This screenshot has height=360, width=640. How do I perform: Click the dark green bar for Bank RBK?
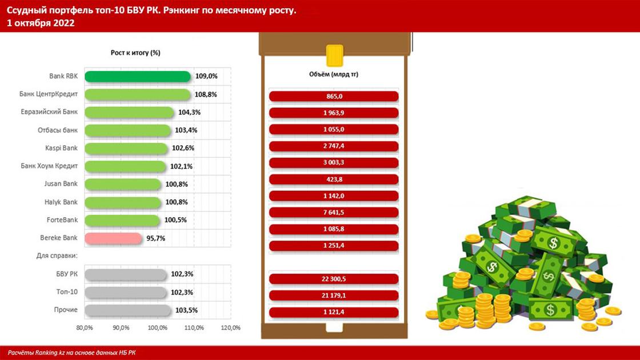(137, 76)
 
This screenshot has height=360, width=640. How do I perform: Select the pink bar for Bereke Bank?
(112, 238)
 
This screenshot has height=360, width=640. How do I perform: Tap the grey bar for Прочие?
(127, 310)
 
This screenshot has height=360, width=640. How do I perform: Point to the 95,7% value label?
(156, 238)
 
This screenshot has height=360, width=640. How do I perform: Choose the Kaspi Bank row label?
(61, 148)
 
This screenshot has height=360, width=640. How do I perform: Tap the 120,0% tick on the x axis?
(230, 328)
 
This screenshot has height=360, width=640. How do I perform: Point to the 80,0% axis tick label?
(84, 328)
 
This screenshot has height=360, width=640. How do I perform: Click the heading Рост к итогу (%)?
(135, 53)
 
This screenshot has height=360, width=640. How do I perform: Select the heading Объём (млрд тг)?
(333, 74)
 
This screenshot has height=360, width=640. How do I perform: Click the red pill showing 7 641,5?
(333, 213)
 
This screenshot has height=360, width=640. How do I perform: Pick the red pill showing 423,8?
(333, 179)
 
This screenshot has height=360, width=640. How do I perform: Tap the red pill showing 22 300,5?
(333, 279)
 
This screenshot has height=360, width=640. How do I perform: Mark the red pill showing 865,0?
(333, 97)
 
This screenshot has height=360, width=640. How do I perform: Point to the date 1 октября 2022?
(41, 23)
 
